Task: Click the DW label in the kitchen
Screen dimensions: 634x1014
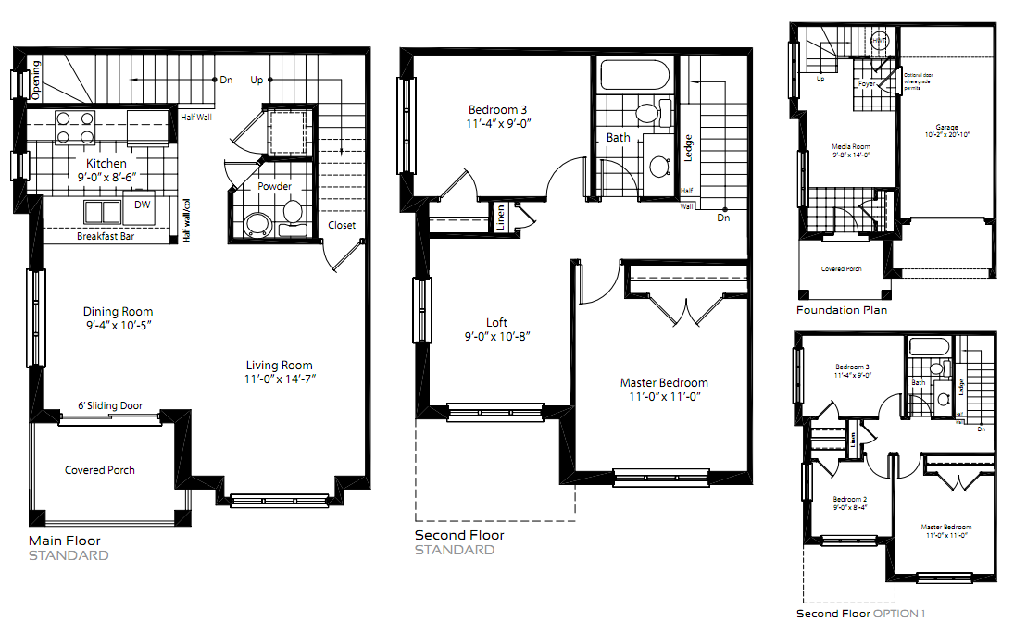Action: (x=142, y=205)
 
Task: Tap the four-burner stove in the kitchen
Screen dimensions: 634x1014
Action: (x=75, y=127)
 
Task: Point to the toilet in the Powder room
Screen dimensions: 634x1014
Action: (x=293, y=212)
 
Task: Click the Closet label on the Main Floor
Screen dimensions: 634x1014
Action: (x=341, y=226)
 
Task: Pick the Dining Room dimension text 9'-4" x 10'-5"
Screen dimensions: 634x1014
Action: (x=118, y=325)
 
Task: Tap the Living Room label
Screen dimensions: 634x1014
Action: (x=279, y=365)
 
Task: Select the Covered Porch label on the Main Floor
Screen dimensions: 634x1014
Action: (x=99, y=470)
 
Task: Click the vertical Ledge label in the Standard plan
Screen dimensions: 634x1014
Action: (x=688, y=148)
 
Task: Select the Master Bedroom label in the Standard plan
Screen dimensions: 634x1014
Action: (x=664, y=383)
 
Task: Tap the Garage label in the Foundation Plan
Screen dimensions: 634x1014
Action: (x=945, y=127)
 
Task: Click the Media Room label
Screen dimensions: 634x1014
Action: (x=851, y=146)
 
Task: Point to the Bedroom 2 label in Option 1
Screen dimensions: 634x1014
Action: (x=849, y=499)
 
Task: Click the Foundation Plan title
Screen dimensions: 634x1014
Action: (x=841, y=310)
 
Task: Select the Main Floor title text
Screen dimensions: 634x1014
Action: (x=65, y=541)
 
